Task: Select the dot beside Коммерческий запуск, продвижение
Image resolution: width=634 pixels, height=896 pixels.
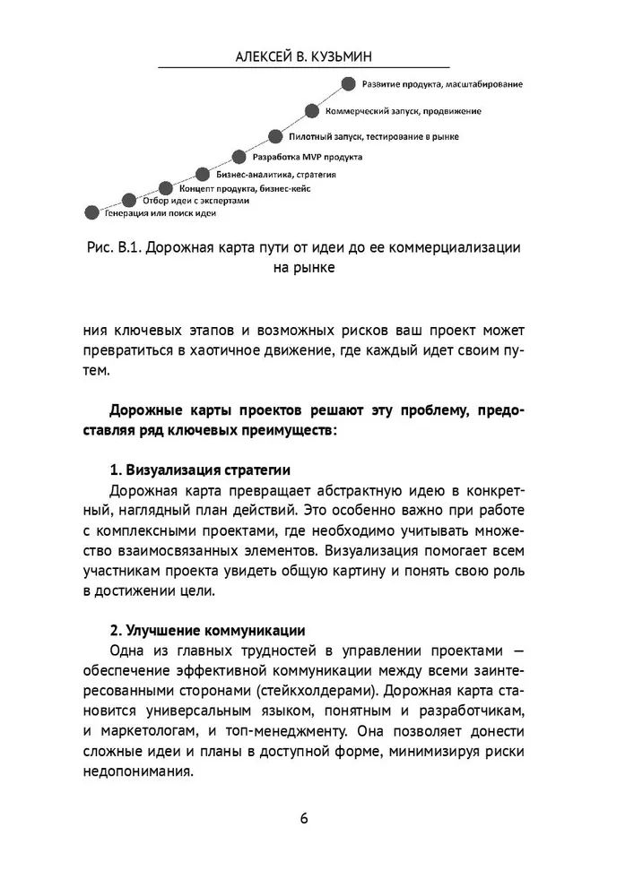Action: pyautogui.click(x=311, y=111)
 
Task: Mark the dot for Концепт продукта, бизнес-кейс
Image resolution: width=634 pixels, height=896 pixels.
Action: pyautogui.click(x=166, y=188)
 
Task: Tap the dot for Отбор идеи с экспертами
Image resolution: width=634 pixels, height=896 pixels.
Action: pyautogui.click(x=129, y=200)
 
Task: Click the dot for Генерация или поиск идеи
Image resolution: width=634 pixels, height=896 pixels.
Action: pyautogui.click(x=91, y=212)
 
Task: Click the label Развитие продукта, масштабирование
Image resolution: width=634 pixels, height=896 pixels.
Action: pyautogui.click(x=442, y=86)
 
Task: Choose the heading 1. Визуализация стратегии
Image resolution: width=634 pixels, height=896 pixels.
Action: pyautogui.click(x=199, y=470)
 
